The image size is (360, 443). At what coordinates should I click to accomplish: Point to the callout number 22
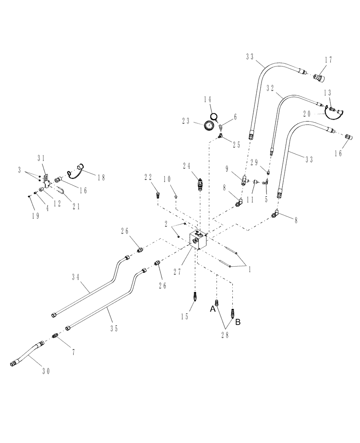click(148, 177)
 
